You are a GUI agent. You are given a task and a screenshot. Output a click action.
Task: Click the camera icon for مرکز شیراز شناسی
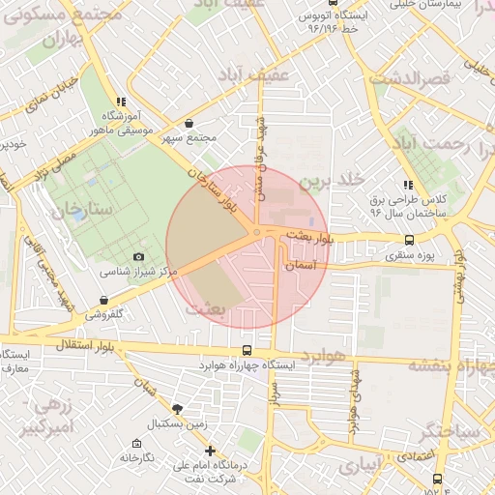(x=138, y=256)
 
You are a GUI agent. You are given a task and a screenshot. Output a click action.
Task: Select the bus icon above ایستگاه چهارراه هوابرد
(x=247, y=351)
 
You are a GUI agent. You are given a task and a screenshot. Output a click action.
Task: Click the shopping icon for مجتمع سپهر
(x=188, y=123)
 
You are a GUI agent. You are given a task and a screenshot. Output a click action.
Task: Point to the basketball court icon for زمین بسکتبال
(x=176, y=408)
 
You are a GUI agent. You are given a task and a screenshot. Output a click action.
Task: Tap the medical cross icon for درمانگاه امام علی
(x=210, y=450)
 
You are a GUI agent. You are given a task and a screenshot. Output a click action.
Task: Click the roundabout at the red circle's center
(x=255, y=232)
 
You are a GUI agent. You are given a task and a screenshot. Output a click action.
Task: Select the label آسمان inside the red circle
(x=302, y=264)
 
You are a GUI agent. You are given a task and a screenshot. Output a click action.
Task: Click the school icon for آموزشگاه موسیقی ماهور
(x=120, y=101)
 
